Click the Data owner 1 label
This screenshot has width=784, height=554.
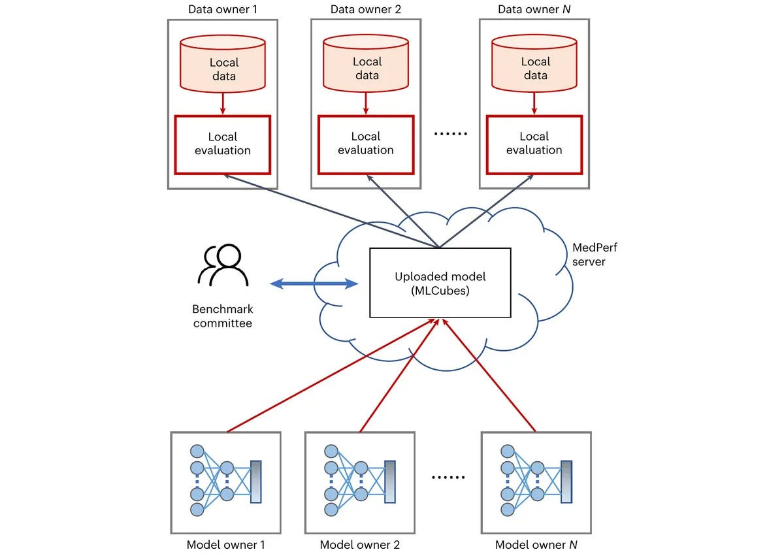[223, 9]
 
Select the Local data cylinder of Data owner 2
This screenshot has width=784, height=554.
[366, 63]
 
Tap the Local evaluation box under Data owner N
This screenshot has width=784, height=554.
[534, 144]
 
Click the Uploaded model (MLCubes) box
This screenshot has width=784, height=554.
[440, 283]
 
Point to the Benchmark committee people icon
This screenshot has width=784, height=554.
[223, 265]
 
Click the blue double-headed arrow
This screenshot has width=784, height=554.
[314, 284]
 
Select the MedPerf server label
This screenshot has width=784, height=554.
[595, 254]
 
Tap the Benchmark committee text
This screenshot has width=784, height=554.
[223, 316]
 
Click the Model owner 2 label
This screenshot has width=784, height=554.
[360, 544]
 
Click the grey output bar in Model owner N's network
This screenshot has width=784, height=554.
[566, 481]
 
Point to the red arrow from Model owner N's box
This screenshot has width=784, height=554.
[489, 375]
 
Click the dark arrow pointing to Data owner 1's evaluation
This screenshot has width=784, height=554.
[331, 211]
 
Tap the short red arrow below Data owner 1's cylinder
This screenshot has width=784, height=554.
[223, 103]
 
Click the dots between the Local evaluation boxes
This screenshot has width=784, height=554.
[450, 134]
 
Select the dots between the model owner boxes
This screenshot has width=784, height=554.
[448, 477]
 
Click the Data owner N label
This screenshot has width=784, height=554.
[534, 9]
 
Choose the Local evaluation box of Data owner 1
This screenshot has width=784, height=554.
[223, 144]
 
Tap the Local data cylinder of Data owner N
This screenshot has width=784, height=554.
[534, 63]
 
